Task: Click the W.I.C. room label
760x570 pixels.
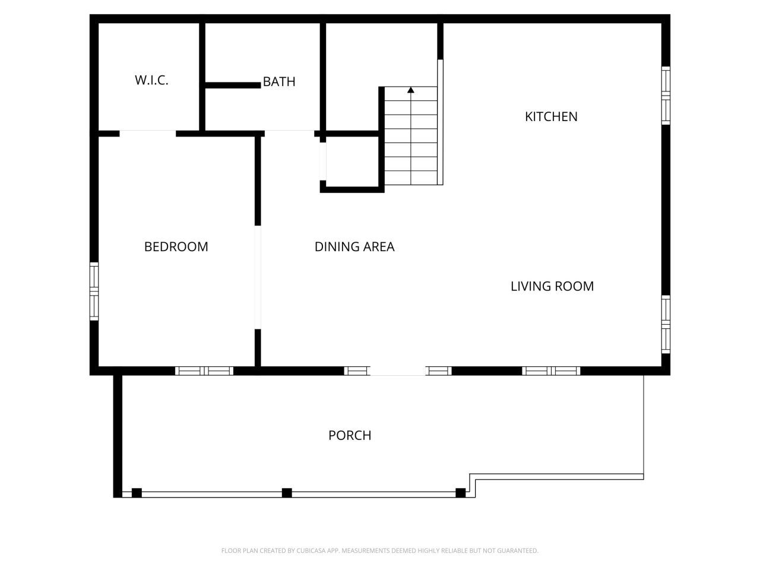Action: (151, 80)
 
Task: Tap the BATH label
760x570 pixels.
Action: (279, 82)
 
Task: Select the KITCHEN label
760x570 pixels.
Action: (551, 116)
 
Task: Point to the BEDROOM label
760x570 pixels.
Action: (176, 246)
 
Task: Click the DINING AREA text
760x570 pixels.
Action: (354, 246)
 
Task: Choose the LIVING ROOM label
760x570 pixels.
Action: (552, 286)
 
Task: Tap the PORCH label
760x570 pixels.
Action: (350, 435)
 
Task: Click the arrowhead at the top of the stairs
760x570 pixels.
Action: (411, 90)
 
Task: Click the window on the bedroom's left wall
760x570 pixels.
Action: (94, 291)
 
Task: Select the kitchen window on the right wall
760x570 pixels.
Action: (666, 95)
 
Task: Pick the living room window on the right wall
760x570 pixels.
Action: (666, 324)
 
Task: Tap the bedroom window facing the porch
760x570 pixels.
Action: (204, 371)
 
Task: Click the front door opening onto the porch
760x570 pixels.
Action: (398, 371)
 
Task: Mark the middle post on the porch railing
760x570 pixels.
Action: (287, 493)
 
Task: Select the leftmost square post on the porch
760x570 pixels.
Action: (137, 493)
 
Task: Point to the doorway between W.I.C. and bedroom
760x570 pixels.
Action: (148, 133)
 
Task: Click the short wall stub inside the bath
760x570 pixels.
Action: (233, 85)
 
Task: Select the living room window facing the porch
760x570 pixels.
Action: (551, 371)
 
